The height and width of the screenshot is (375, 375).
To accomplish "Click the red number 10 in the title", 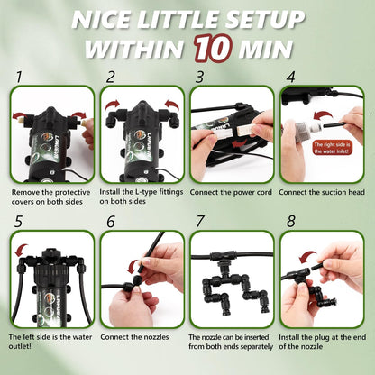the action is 213,49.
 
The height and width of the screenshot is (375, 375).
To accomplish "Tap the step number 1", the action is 19,78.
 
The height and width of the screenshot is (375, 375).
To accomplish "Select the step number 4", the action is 290,78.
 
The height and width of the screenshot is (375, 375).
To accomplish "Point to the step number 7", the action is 200,222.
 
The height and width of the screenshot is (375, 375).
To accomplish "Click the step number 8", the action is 290,222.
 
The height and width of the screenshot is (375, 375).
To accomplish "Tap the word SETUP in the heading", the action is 265,20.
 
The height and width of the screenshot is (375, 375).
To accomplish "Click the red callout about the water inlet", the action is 332,148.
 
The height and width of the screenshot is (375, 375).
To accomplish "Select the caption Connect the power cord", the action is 231,192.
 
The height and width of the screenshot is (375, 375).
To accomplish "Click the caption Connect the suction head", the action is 322,192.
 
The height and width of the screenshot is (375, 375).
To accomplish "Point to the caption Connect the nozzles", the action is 134,337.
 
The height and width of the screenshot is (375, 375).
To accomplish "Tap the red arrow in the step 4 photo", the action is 324,116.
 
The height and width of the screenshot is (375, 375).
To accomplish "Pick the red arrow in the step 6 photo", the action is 133,266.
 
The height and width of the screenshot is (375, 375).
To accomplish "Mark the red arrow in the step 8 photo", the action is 308,256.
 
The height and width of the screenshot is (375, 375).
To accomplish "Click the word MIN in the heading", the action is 265,49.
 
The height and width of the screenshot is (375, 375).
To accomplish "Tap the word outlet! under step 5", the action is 20,346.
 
